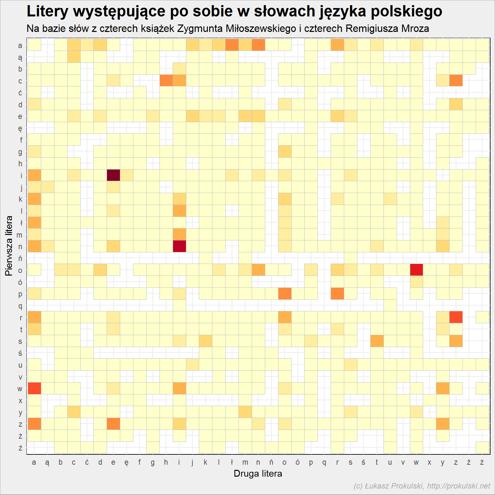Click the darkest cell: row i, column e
113,175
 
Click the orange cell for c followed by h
166,81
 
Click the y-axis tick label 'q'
20,306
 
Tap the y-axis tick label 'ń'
20,258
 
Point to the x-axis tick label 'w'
416,462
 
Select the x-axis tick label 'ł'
232,462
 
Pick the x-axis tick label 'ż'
482,462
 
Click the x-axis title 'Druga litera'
258,474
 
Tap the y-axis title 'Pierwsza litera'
9,246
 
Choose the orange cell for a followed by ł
232,45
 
